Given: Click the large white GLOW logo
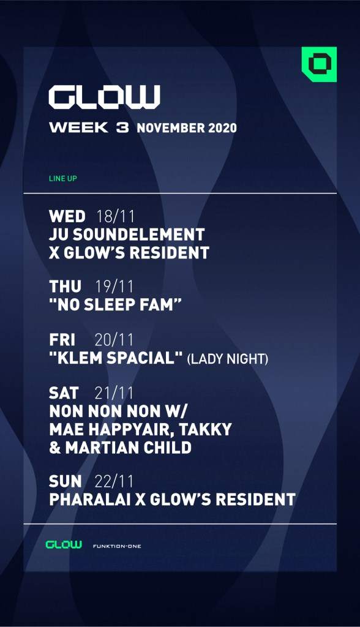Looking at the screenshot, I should coord(104,97).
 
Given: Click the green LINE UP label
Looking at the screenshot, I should coord(62,179).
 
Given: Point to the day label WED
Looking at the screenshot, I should coord(67,216).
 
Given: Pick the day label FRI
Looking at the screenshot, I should coord(61,340).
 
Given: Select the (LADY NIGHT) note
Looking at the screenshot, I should coord(228,359).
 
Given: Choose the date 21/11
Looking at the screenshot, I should coord(114,392).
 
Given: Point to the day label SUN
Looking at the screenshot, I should coord(65,481).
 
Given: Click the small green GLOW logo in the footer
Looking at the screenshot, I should coord(64,544).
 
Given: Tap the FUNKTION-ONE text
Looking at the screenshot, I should coord(116,546).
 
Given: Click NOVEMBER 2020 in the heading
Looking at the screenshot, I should coord(187,129).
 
